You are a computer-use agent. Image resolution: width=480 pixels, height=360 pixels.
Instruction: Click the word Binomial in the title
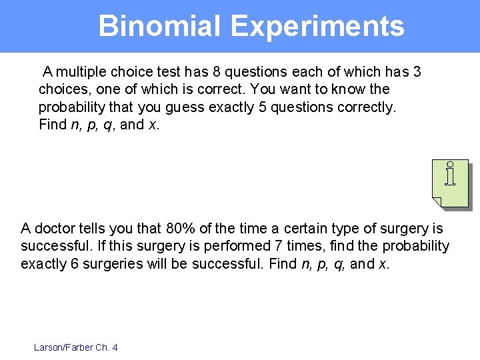click(x=159, y=27)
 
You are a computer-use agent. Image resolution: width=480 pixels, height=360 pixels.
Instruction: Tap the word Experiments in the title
click(x=317, y=27)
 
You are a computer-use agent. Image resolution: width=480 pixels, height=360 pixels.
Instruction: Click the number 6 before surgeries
click(x=74, y=264)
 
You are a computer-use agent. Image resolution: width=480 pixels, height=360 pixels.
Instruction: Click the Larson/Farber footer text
click(x=63, y=347)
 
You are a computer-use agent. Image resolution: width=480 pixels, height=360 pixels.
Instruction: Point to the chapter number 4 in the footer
click(x=115, y=347)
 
